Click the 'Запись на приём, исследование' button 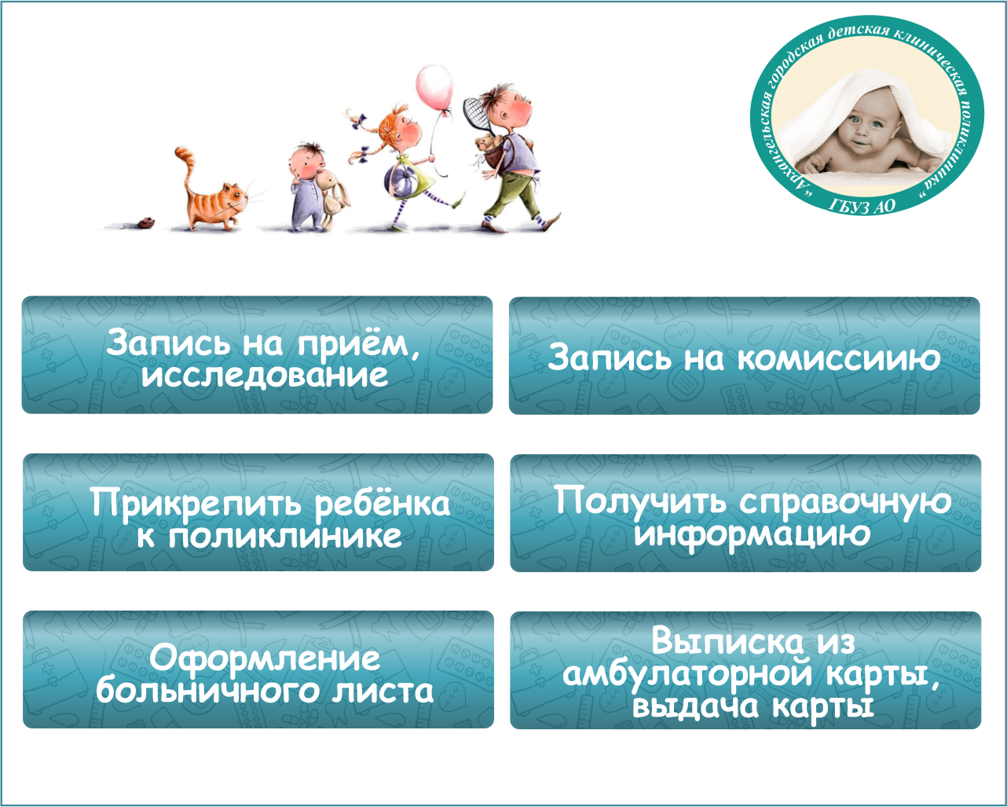coord(257,355)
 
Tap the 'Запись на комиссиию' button coord(745,356)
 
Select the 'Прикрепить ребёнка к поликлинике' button coord(258,512)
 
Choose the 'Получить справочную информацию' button coord(745,513)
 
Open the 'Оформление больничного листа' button coord(258,669)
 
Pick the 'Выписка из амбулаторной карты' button coord(745,670)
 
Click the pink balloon coord(434,86)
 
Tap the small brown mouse coord(146,223)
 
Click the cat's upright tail coord(186,168)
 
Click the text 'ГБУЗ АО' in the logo coord(861,206)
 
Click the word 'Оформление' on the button coord(265,658)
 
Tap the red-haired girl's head coord(400,126)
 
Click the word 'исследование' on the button coord(265,376)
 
